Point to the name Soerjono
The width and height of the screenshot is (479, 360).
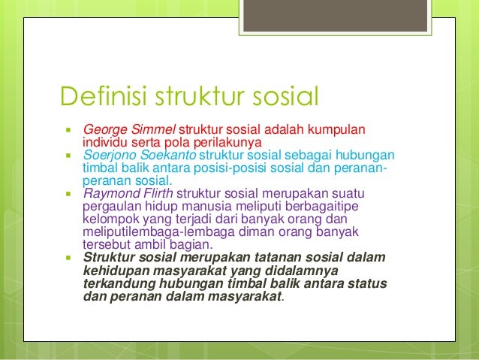[110, 155]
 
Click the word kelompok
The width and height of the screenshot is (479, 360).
[110, 218]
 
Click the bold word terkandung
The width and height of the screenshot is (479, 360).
[117, 283]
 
